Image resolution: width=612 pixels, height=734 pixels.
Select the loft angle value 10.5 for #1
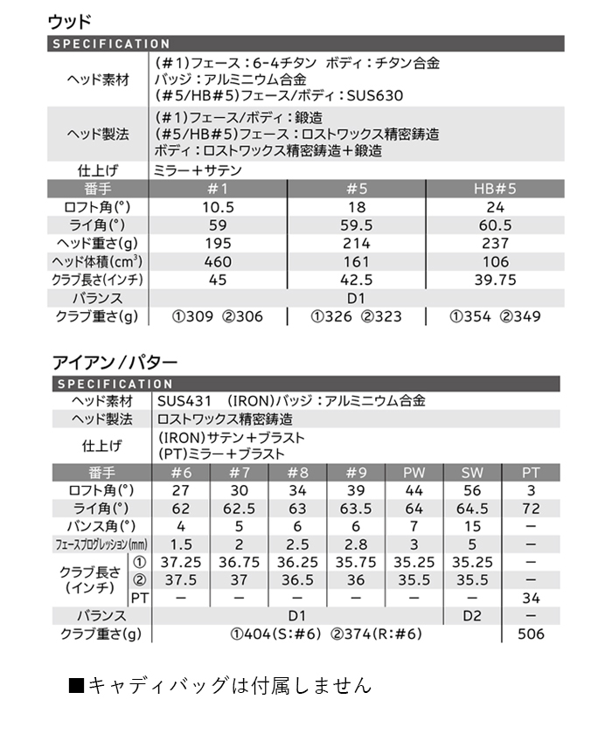pyautogui.click(x=218, y=207)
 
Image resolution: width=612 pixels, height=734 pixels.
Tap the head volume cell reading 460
pyautogui.click(x=218, y=261)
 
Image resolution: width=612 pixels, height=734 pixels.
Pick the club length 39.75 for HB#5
pyautogui.click(x=494, y=280)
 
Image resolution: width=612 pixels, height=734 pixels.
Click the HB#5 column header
pyautogui.click(x=494, y=189)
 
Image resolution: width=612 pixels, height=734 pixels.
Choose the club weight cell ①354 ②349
pyautogui.click(x=494, y=316)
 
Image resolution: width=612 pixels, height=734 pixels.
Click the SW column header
pyautogui.click(x=472, y=473)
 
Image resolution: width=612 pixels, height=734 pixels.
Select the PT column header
pyautogui.click(x=531, y=473)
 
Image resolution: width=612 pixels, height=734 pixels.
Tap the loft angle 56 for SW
pyautogui.click(x=472, y=490)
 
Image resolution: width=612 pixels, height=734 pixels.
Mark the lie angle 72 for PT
pyautogui.click(x=531, y=508)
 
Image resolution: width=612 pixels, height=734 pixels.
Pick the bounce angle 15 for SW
pyautogui.click(x=472, y=526)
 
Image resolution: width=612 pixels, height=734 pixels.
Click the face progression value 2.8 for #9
pyautogui.click(x=356, y=544)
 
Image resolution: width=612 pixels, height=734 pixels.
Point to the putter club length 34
pyautogui.click(x=531, y=598)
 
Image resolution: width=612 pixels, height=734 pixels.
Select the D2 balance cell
pyautogui.click(x=472, y=616)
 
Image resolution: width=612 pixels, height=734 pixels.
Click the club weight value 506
pyautogui.click(x=531, y=634)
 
